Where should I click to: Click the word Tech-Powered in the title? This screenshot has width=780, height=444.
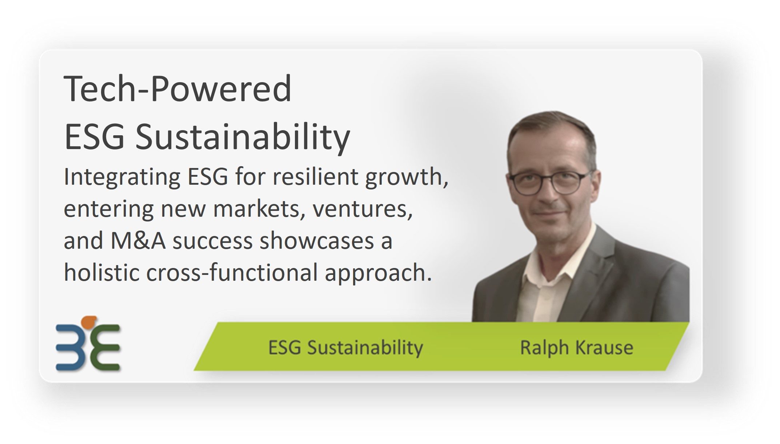177,88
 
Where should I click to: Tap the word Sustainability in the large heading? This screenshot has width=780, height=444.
243,138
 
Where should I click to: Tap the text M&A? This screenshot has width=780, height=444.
138,241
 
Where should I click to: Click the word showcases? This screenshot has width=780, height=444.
316,241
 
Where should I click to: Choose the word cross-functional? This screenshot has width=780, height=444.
232,272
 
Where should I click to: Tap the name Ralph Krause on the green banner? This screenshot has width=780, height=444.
576,347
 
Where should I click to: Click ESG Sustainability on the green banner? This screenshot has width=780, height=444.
345,348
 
